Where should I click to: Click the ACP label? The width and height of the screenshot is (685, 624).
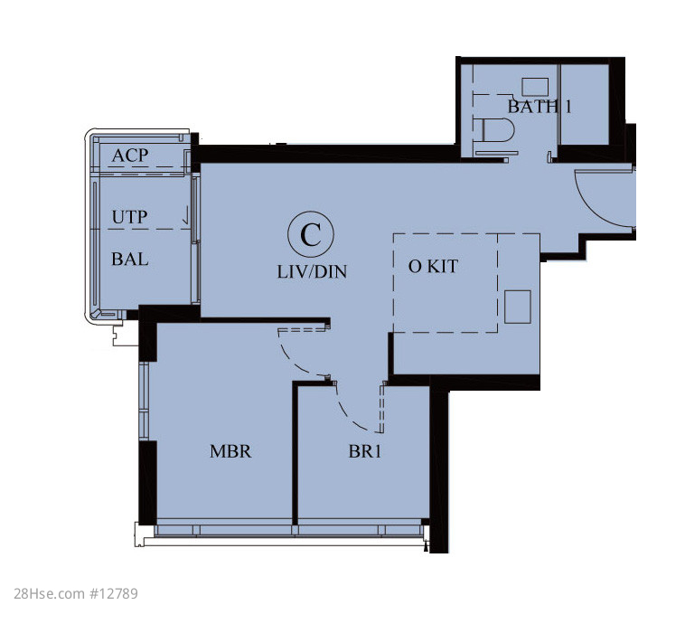(130, 156)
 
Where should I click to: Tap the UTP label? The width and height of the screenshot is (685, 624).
(130, 217)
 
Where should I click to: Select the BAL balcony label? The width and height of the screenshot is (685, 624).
(130, 260)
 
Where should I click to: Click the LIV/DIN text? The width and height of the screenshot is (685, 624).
(312, 272)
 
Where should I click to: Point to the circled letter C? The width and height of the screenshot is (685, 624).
(311, 234)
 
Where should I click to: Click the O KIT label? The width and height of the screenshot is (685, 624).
(433, 266)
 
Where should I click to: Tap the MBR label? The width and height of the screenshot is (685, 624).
(230, 451)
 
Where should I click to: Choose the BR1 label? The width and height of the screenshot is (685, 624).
(365, 451)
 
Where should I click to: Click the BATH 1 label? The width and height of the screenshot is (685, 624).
(540, 106)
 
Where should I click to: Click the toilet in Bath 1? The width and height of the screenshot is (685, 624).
(498, 130)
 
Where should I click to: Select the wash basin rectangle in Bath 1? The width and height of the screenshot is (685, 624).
(535, 87)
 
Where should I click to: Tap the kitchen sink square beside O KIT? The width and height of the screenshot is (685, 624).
(518, 307)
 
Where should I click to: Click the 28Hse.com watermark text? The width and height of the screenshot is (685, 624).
(50, 593)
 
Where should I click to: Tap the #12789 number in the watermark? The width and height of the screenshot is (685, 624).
(114, 593)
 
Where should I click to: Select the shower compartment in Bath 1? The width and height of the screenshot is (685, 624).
(585, 104)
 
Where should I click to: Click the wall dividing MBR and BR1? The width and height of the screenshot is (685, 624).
(295, 453)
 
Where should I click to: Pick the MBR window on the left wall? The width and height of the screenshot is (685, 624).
(145, 401)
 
